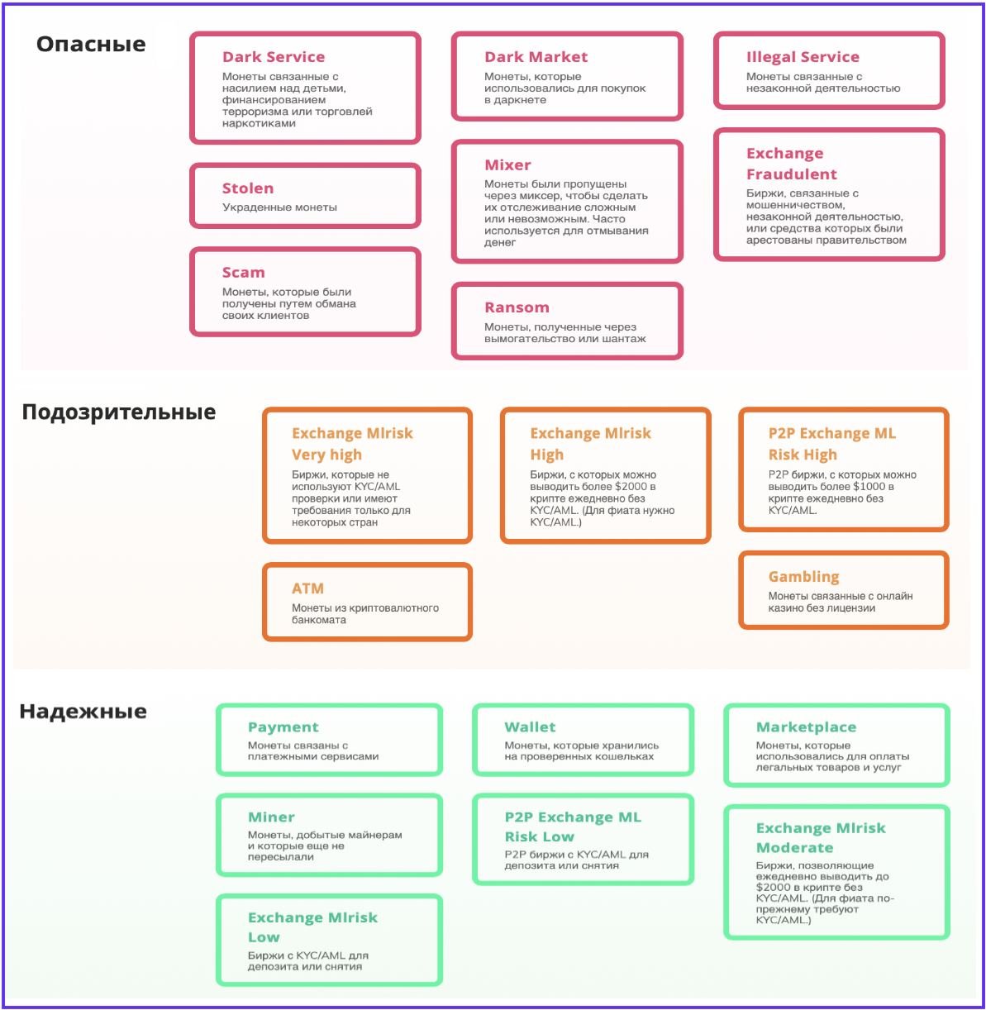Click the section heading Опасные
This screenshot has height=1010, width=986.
tap(91, 44)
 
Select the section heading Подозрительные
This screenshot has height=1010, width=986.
tap(118, 412)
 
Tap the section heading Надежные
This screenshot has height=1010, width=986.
tap(83, 711)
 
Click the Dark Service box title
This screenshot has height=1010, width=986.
tap(273, 57)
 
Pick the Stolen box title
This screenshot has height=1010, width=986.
tap(247, 188)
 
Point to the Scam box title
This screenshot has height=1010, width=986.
tap(243, 273)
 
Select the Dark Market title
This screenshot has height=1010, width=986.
tap(536, 57)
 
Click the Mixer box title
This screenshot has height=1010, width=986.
tap(507, 165)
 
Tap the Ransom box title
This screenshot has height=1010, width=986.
tap(517, 307)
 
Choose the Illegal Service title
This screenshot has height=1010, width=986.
tap(802, 57)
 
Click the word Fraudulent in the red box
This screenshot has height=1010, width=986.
tap(791, 174)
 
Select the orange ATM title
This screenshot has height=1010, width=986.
tap(307, 588)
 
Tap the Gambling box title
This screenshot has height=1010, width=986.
tap(803, 577)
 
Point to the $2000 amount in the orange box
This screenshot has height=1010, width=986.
tap(631, 487)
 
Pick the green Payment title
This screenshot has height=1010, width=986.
tap(283, 727)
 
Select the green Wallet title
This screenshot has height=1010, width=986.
tap(530, 727)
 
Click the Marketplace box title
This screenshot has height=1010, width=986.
tap(806, 727)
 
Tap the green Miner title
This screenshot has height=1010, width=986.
tap(271, 817)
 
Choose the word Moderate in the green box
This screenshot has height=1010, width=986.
tap(794, 848)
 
